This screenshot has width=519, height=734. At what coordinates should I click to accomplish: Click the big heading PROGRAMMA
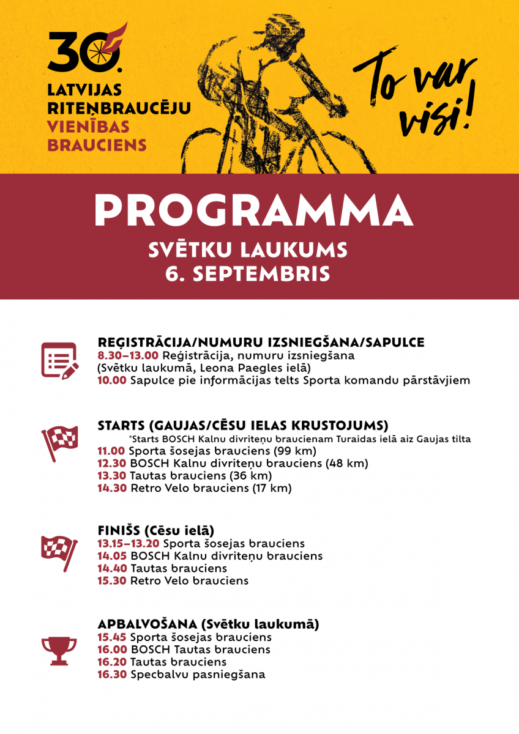(253, 212)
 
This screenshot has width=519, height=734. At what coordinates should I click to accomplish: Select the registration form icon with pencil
(59, 360)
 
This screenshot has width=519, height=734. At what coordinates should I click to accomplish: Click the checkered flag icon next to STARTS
(59, 442)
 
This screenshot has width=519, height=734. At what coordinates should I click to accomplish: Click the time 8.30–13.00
(128, 355)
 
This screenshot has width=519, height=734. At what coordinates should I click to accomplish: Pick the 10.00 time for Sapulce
(111, 380)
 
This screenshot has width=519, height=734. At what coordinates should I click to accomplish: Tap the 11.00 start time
(111, 451)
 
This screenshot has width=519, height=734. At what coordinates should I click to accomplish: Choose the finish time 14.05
(112, 556)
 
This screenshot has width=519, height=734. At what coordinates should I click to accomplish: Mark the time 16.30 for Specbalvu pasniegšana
(112, 675)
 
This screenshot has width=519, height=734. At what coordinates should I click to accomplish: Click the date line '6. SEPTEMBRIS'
(247, 273)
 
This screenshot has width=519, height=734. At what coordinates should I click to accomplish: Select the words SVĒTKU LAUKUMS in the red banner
(248, 250)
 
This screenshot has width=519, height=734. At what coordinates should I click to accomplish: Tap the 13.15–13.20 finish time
(129, 543)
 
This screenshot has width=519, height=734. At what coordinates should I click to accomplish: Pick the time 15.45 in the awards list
(112, 637)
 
